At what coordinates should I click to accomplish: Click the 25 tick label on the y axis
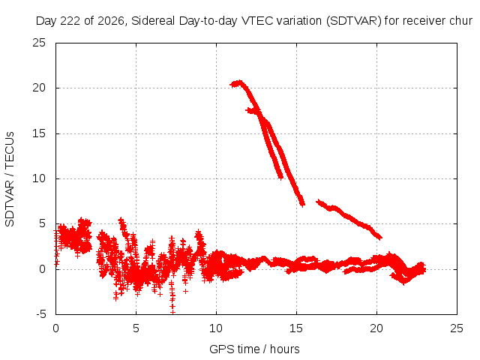pyautogui.click(x=39, y=43)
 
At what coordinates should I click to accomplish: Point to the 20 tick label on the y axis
pyautogui.click(x=39, y=88)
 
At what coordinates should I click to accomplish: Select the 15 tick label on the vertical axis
pyautogui.click(x=39, y=133)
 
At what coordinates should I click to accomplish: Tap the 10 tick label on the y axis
pyautogui.click(x=39, y=178)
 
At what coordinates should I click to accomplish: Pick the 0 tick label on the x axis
pyautogui.click(x=55, y=328)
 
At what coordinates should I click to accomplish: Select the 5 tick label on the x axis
pyautogui.click(x=136, y=328)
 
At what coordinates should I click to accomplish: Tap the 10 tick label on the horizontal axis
pyautogui.click(x=216, y=328)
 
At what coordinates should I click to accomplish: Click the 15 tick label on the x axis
pyautogui.click(x=296, y=328)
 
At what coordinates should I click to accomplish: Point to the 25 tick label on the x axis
pyautogui.click(x=457, y=328)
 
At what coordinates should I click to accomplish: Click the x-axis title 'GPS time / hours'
pyautogui.click(x=254, y=349)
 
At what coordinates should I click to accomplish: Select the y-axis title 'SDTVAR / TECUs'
pyautogui.click(x=10, y=179)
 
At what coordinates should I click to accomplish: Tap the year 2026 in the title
pyautogui.click(x=111, y=21)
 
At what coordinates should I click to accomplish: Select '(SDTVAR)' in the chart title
pyautogui.click(x=354, y=21)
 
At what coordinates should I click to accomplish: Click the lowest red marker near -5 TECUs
pyautogui.click(x=172, y=312)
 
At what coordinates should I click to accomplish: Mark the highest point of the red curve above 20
pyautogui.click(x=239, y=82)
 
